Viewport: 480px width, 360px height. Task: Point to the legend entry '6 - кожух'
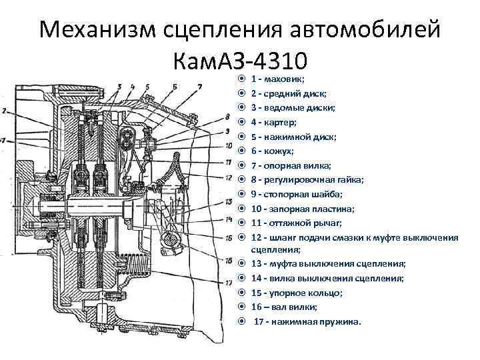coord(274,151)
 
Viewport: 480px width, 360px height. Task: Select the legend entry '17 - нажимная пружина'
coord(307,321)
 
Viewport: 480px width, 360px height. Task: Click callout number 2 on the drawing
coord(5,110)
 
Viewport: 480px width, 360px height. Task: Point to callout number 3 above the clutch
coord(118,87)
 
